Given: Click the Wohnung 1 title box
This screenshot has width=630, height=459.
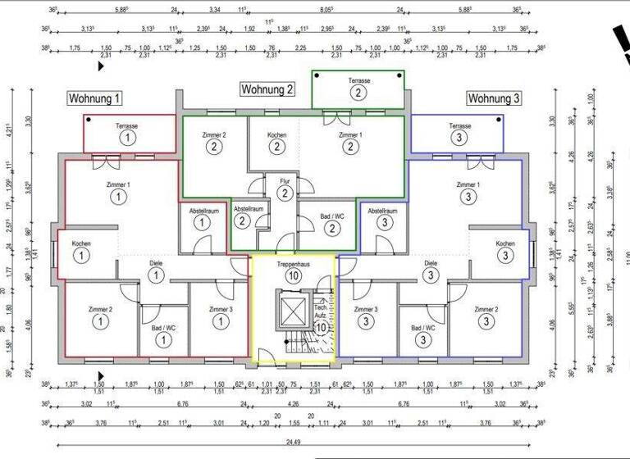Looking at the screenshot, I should (95, 98).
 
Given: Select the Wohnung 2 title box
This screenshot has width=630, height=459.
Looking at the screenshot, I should (267, 89).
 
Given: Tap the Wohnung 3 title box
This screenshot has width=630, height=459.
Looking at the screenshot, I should (494, 98).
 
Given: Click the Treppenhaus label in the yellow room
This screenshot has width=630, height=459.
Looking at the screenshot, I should (293, 265).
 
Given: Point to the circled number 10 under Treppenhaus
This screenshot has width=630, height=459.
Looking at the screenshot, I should (293, 277).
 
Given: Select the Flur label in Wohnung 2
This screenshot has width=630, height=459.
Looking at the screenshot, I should (284, 181).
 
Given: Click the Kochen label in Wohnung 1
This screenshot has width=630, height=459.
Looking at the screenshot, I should (81, 243).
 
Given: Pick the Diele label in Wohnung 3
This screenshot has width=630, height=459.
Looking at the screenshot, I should (431, 263).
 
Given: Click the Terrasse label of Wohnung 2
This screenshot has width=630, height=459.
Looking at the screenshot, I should (358, 81).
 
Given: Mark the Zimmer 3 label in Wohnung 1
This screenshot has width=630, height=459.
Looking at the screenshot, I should (220, 309).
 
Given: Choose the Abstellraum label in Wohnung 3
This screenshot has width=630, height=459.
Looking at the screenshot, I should (382, 211).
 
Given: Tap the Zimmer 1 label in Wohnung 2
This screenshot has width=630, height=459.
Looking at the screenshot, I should (350, 134).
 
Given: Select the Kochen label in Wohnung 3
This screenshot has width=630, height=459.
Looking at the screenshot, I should (504, 243).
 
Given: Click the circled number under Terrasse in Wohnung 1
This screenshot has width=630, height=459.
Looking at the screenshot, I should (127, 139).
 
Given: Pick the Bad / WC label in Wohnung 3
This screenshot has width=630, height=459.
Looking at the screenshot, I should (423, 327).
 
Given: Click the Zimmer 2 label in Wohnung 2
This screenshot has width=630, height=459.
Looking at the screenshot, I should (213, 134).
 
